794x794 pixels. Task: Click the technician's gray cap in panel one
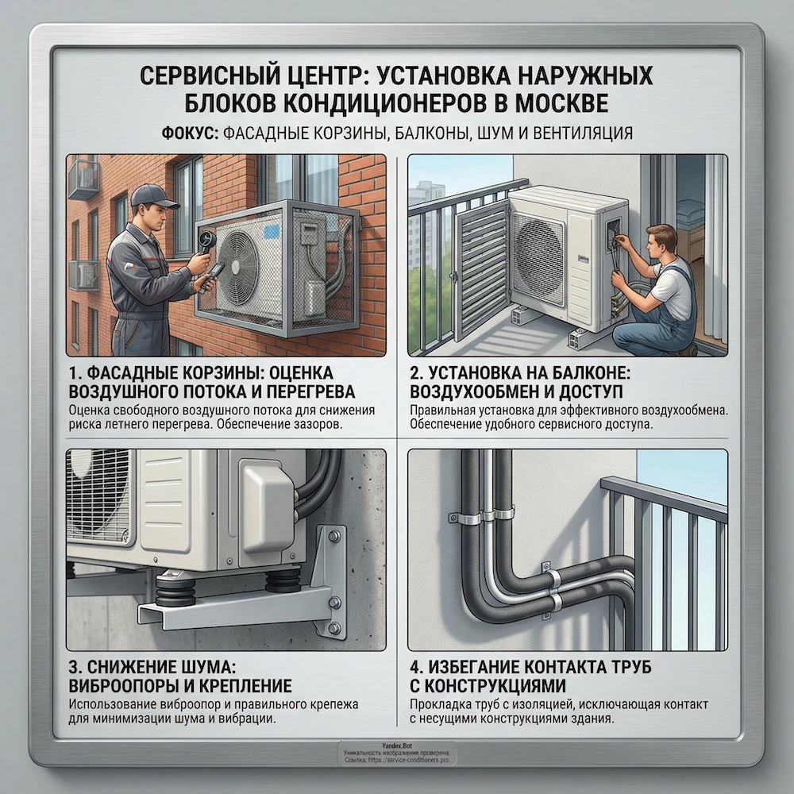tap(148, 195)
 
